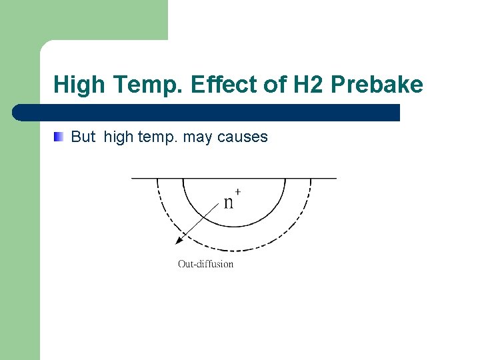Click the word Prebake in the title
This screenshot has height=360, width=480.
(377, 85)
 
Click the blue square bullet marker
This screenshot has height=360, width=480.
(59, 137)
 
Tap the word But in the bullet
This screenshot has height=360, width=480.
(83, 137)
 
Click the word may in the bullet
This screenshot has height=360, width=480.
(196, 138)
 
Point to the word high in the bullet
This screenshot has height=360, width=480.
(119, 138)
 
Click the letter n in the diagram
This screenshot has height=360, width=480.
(228, 202)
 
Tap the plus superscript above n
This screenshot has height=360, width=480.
(238, 192)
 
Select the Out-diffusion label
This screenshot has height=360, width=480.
(205, 264)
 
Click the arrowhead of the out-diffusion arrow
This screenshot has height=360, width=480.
(178, 241)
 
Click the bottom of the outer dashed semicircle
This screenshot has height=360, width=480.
(234, 251)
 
